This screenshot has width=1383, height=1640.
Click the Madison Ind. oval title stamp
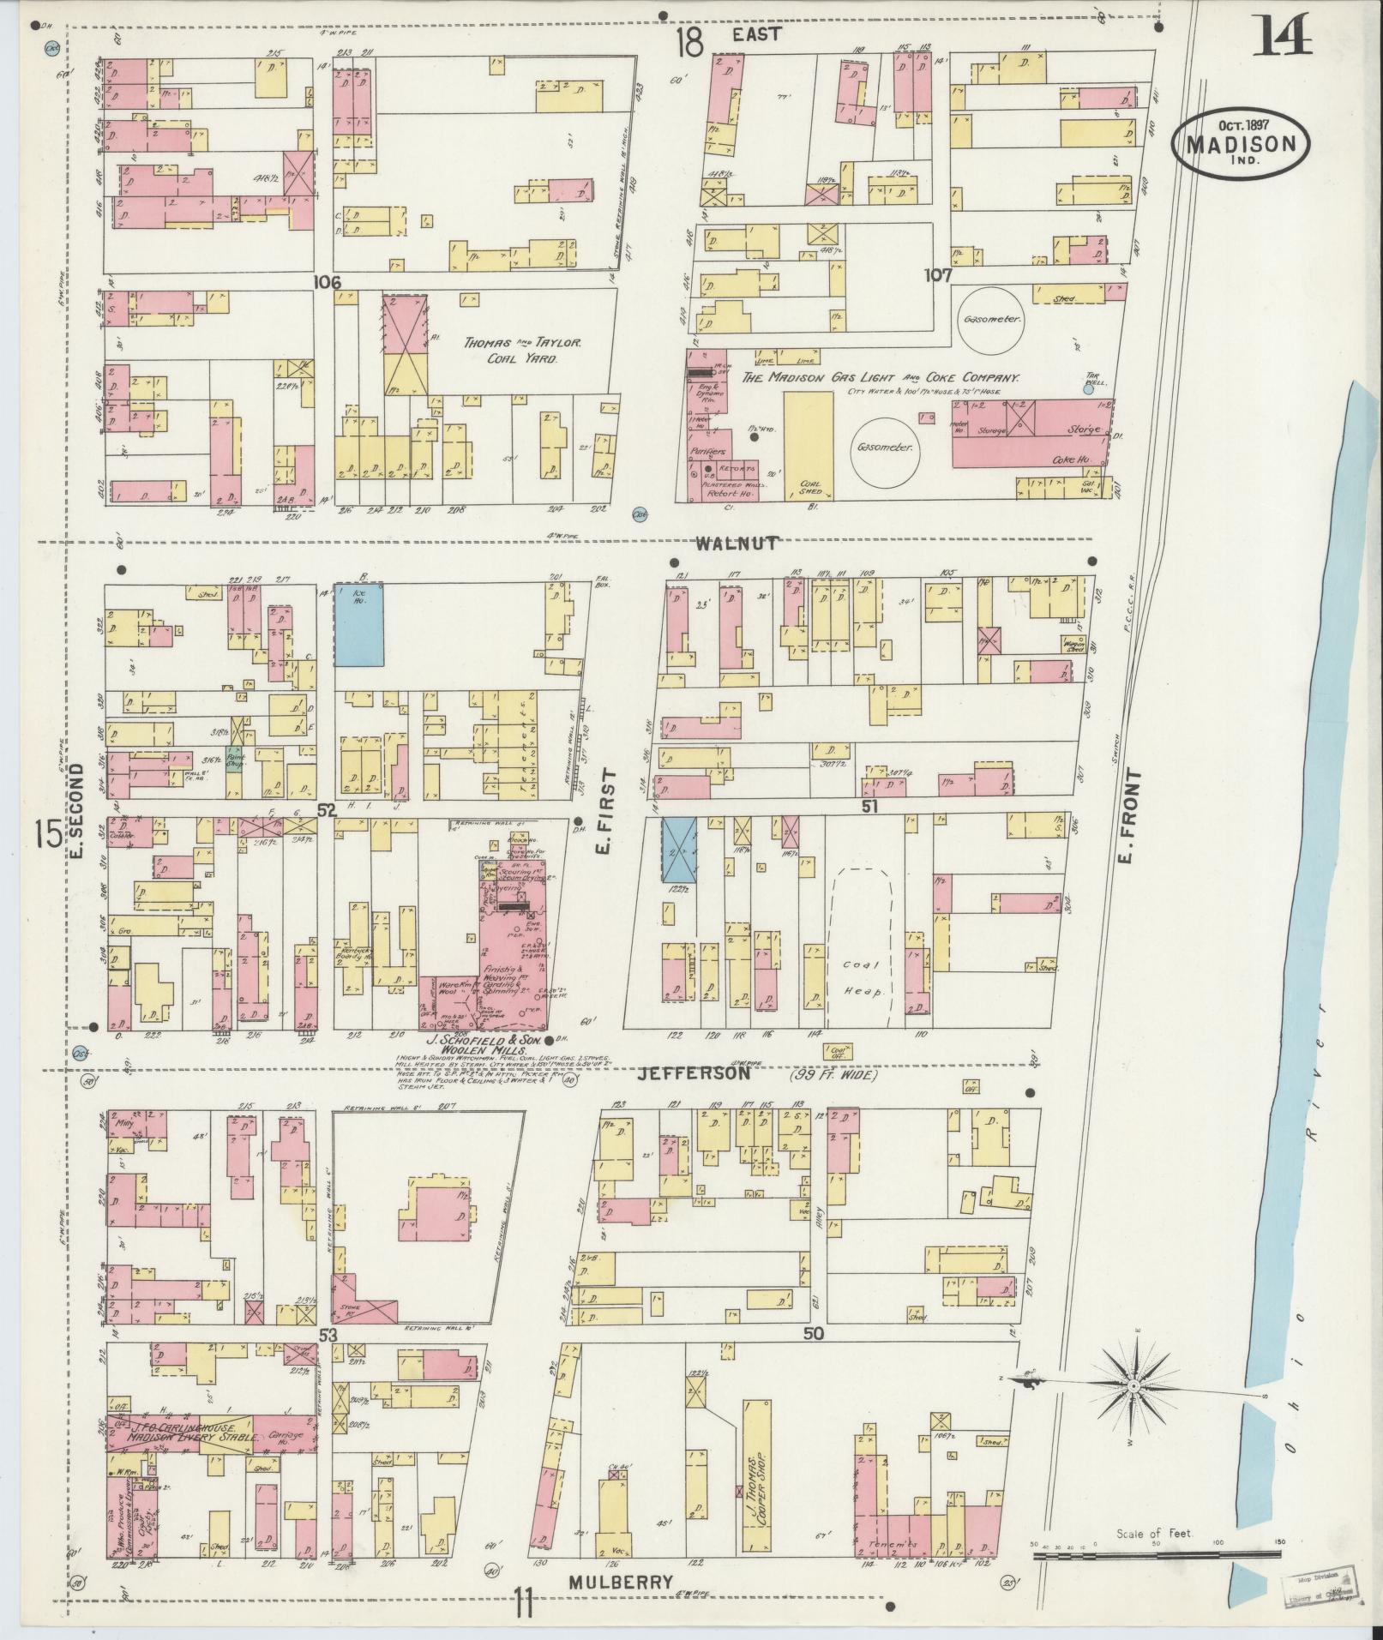pyautogui.click(x=1241, y=146)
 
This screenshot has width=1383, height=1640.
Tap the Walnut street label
pyautogui.click(x=737, y=543)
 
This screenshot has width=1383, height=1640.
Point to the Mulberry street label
pyautogui.click(x=620, y=1582)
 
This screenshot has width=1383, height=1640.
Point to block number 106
pyautogui.click(x=328, y=282)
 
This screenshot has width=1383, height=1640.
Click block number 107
pyautogui.click(x=938, y=275)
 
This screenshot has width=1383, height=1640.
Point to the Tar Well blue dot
pyautogui.click(x=1088, y=388)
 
